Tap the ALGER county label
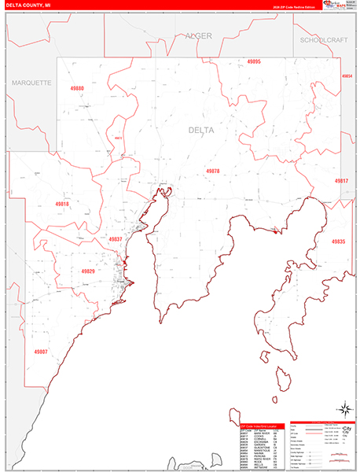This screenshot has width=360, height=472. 199,36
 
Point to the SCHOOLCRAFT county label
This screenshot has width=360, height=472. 324,39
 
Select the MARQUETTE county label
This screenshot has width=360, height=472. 31,83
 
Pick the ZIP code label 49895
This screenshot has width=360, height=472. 253,61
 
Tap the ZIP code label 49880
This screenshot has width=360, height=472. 76,90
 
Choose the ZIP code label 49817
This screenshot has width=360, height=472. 341,181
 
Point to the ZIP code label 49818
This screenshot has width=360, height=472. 62,204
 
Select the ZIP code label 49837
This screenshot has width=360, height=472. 116,238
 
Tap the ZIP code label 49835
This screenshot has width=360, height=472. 338,242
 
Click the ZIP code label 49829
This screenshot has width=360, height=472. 88,271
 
